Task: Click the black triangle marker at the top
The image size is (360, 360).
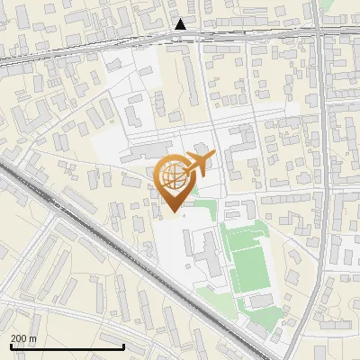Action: click(x=181, y=25)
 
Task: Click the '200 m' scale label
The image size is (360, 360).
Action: click(x=23, y=337)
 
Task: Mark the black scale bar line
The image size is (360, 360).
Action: click(x=67, y=346)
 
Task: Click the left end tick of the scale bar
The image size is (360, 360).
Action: click(x=11, y=346)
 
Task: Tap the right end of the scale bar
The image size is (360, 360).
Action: click(x=123, y=346)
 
